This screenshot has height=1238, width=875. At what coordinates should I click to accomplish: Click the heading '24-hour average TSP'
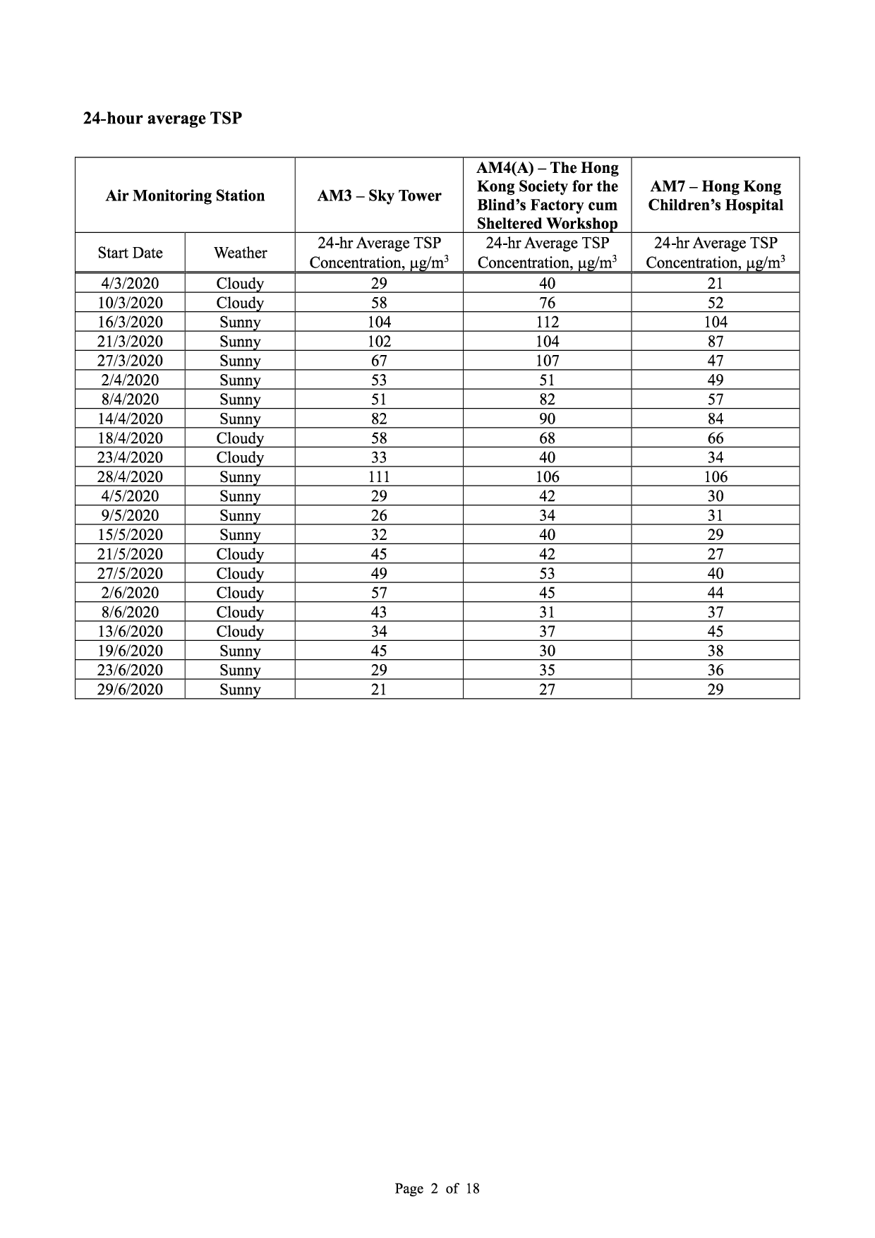click(x=162, y=119)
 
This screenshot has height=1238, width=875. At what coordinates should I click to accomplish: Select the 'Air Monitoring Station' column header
click(x=185, y=196)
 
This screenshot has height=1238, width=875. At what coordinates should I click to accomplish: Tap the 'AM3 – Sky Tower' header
click(x=379, y=196)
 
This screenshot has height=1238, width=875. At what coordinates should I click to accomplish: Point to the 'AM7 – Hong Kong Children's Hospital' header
click(x=716, y=196)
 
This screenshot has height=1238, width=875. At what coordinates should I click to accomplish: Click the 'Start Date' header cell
click(x=130, y=253)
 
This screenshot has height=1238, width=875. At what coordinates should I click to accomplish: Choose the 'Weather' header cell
click(x=240, y=253)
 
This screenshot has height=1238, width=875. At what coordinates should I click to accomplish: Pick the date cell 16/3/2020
click(x=130, y=322)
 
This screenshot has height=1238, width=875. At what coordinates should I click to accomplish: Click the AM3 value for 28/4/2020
click(x=379, y=476)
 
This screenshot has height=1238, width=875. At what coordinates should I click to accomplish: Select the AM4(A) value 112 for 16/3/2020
click(x=547, y=322)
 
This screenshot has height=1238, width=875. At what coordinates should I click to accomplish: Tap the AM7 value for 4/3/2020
click(x=716, y=283)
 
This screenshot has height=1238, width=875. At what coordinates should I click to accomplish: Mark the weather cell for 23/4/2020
click(x=240, y=457)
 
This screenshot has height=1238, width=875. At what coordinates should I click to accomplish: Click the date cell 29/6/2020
click(x=130, y=690)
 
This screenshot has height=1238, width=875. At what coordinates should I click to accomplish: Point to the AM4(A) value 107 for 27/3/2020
click(x=547, y=361)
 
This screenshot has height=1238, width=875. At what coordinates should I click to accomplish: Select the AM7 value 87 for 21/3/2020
click(x=716, y=342)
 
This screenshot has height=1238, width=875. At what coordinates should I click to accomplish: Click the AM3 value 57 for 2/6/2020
click(x=379, y=593)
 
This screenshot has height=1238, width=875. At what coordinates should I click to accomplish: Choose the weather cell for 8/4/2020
click(x=240, y=399)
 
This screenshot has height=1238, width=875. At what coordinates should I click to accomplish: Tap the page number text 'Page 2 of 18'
click(x=437, y=1189)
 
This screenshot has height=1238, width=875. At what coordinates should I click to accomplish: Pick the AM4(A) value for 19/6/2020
click(x=547, y=651)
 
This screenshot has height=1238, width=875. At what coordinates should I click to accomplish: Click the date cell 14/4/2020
click(x=130, y=419)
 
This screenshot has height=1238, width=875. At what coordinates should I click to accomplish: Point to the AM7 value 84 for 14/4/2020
click(x=716, y=419)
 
